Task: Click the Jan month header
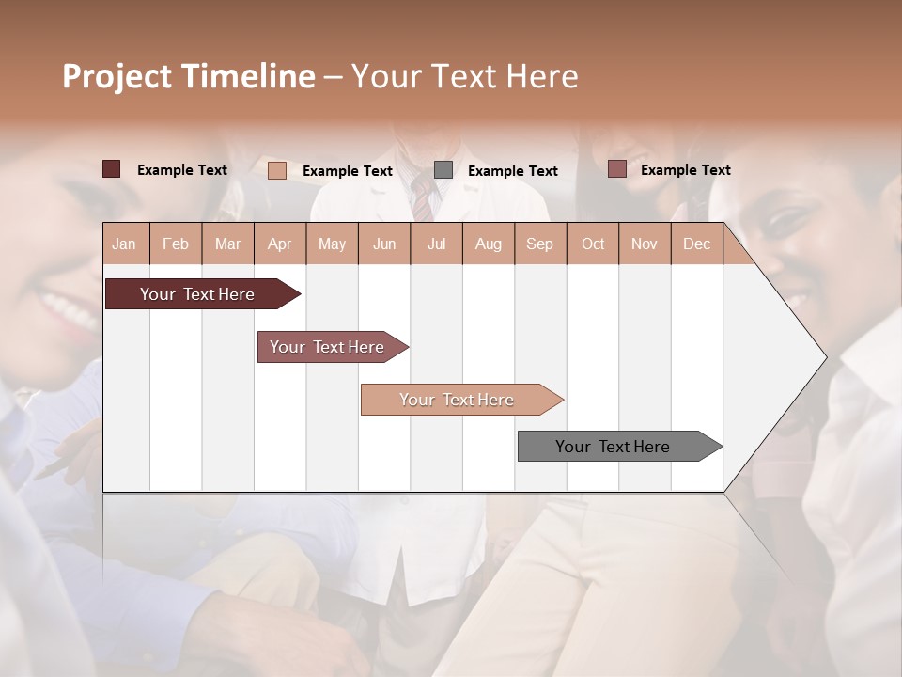[x=124, y=244]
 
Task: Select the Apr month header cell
[x=279, y=244]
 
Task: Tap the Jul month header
[x=436, y=244]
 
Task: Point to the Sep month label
[x=539, y=244]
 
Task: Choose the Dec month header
[x=696, y=244]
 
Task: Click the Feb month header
[x=176, y=244]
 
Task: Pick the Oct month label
[x=593, y=244]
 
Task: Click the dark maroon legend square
[x=111, y=169]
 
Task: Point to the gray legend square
[x=443, y=169]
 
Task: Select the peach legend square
[x=277, y=170]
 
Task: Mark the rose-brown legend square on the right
[x=616, y=169]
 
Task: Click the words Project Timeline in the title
[x=188, y=76]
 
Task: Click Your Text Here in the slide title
[x=465, y=76]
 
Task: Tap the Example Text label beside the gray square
[x=512, y=171]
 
